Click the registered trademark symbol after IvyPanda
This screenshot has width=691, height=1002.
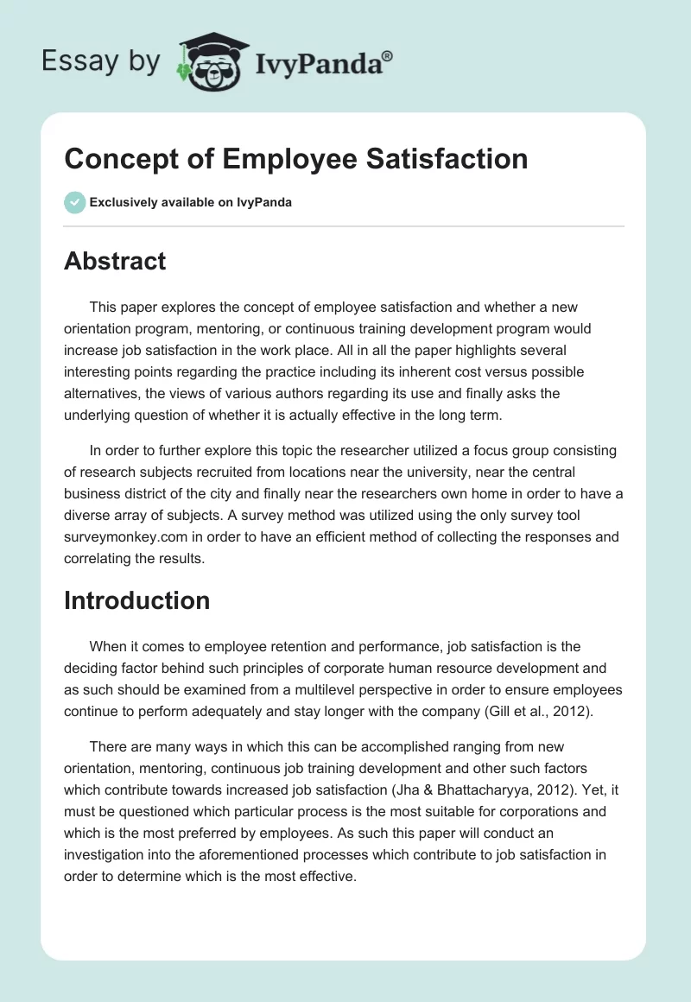(x=388, y=57)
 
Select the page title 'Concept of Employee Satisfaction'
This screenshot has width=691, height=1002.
(x=296, y=159)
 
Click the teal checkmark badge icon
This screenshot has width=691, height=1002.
(x=74, y=202)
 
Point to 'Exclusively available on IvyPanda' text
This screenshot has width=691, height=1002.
(x=191, y=203)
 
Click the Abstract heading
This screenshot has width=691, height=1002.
(x=115, y=261)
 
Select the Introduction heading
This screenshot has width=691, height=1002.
(x=136, y=600)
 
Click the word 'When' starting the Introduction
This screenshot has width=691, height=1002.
(x=110, y=647)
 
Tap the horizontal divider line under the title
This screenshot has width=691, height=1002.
(x=344, y=226)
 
